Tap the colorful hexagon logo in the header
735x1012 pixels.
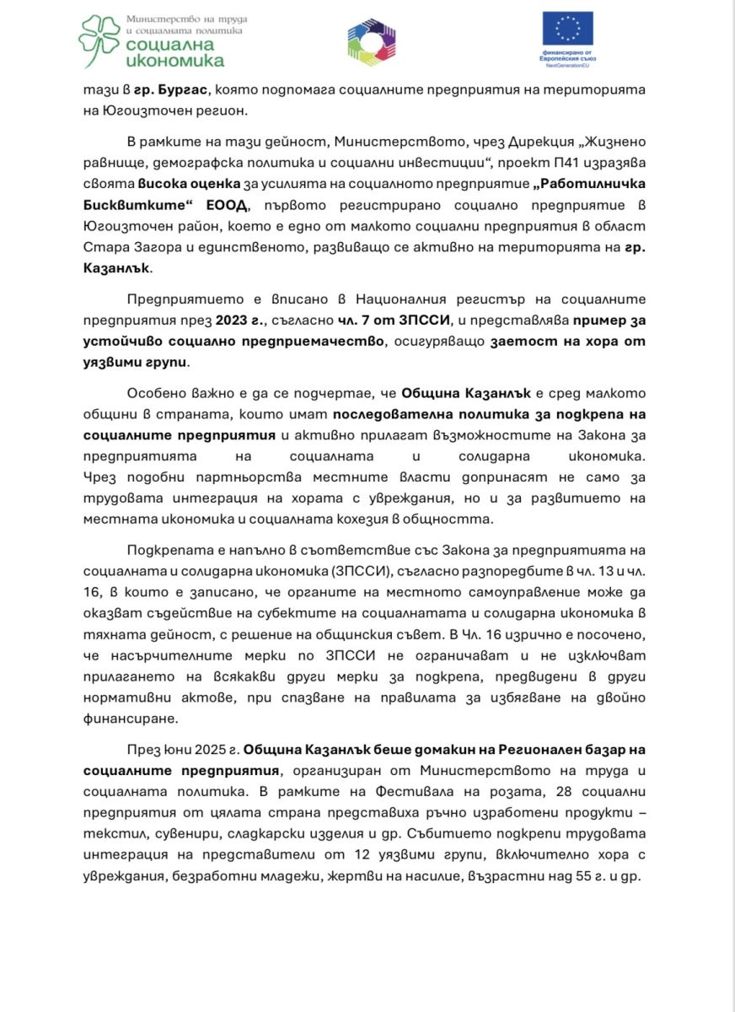pos(372,40)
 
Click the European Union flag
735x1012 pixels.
pos(567,28)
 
